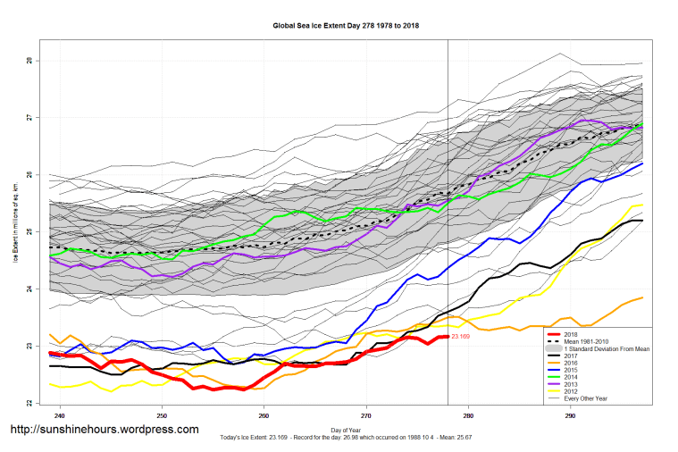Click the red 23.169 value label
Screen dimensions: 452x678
click(461, 337)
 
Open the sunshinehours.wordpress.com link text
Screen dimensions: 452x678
click(104, 430)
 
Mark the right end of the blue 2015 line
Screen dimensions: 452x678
click(642, 163)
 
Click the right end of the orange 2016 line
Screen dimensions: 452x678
click(642, 297)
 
